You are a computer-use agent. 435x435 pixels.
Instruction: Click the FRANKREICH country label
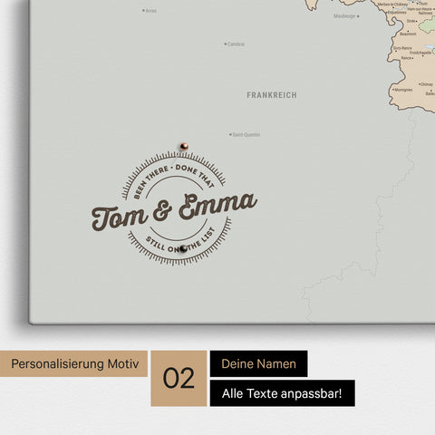[x=271, y=94]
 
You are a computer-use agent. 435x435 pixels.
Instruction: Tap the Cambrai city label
[x=236, y=43]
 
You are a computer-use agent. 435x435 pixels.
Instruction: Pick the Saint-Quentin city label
[x=246, y=135]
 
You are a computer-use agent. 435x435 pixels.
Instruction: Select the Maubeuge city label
[x=345, y=15]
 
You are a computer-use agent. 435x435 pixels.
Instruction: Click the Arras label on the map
[x=150, y=11]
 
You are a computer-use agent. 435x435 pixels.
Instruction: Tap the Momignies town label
[x=403, y=90]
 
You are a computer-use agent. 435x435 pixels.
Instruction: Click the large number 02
[x=179, y=378]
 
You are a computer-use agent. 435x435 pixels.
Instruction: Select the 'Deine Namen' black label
[x=258, y=363]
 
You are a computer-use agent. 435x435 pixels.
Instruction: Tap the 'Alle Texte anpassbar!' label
[x=282, y=393]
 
